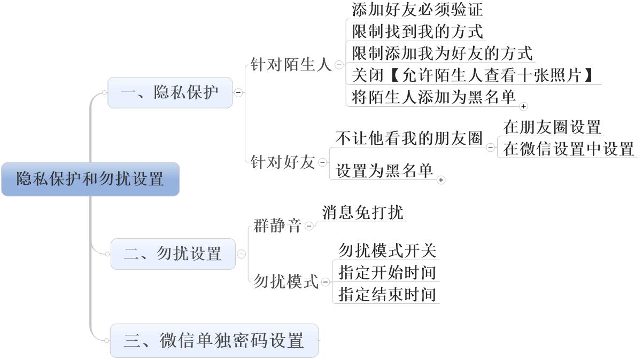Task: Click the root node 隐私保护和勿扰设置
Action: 90,179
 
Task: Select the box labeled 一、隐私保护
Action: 170,92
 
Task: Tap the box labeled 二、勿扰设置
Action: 173,254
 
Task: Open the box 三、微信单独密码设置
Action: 214,340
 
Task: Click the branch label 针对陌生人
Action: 291,65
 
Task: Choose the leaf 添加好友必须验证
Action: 417,9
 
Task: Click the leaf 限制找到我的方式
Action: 417,32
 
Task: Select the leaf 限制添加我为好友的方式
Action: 442,53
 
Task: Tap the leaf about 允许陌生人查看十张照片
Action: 472,75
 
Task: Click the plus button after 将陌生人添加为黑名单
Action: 523,106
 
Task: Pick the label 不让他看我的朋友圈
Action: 409,138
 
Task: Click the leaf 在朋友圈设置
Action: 552,127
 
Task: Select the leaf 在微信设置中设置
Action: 568,149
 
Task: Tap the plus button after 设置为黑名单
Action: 441,180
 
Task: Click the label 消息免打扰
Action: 362,212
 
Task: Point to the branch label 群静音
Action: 277,226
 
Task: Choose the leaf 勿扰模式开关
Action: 388,251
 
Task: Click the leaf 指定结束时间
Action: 388,294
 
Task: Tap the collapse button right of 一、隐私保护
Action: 238,92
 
